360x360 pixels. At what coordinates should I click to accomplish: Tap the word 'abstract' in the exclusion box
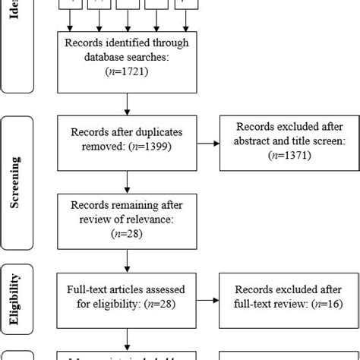tap(251, 139)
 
